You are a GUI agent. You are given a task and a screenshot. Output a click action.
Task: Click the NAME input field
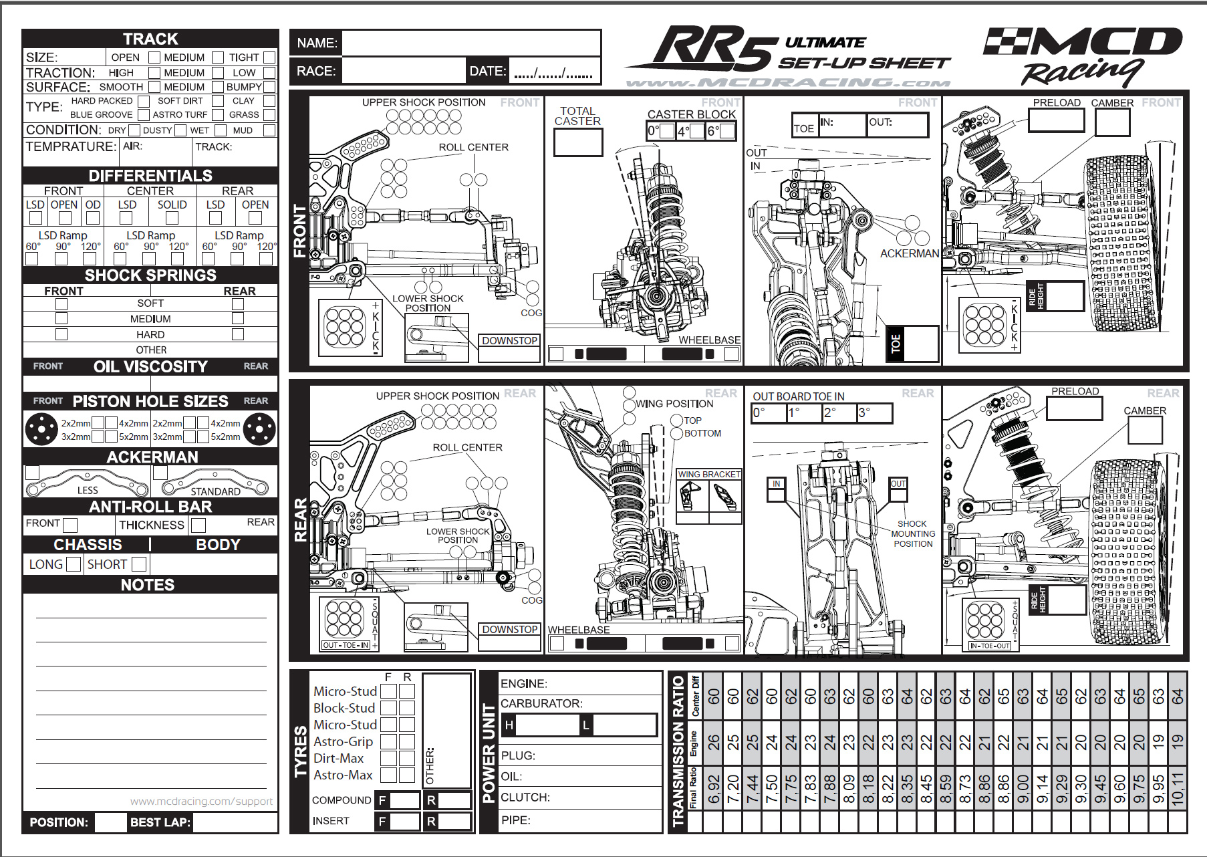pos(471,43)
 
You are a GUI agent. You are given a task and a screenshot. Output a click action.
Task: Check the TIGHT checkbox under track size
pos(269,57)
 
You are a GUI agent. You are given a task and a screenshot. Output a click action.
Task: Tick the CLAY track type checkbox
pos(269,101)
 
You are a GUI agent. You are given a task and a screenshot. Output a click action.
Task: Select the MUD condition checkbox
pos(269,130)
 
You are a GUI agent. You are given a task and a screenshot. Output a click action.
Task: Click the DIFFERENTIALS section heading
pos(150,176)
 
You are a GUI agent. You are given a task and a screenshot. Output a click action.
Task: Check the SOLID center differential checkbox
pos(172,218)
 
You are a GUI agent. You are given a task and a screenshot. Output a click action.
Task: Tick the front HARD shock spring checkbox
pos(61,334)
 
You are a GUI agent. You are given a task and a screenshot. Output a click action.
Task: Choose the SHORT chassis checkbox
pos(138,564)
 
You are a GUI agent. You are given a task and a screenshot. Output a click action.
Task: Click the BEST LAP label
pos(160,822)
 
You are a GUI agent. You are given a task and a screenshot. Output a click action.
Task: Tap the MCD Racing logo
pos(1083,57)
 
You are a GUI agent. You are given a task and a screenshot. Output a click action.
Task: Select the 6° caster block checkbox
pos(727,131)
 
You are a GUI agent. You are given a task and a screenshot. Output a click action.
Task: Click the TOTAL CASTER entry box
pos(578,142)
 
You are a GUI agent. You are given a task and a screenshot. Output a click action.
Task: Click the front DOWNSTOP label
pos(510,341)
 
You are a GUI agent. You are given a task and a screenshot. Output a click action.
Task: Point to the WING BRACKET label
pos(709,475)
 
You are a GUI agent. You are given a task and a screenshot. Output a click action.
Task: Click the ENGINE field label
pos(524,683)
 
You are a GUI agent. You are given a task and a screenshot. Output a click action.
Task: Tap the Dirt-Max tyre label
pos(339,758)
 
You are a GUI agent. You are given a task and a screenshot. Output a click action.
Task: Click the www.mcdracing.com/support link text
pos(201,801)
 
